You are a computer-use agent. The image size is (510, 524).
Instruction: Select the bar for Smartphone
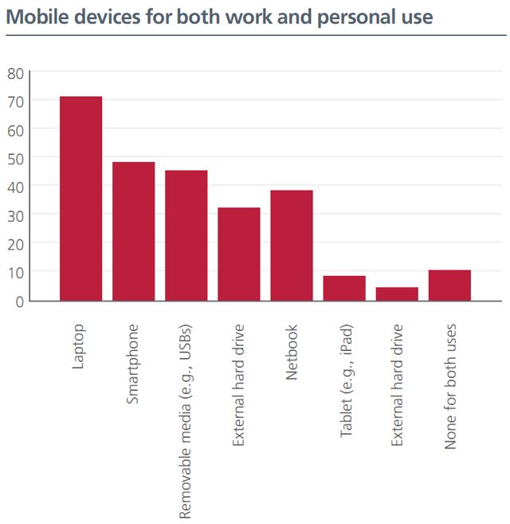click(x=133, y=230)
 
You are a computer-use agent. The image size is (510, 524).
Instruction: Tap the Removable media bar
click(x=186, y=235)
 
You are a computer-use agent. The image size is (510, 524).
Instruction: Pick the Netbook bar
click(x=291, y=245)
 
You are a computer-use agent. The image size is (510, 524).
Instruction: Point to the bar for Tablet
click(x=343, y=288)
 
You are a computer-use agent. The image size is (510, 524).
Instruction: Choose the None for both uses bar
click(x=449, y=285)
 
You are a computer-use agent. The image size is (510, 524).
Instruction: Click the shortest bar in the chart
click(x=397, y=294)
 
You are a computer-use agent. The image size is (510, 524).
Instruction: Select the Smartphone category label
click(x=133, y=363)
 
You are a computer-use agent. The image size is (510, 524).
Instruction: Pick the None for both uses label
click(x=450, y=386)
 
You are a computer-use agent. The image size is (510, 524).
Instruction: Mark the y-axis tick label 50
click(x=15, y=158)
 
